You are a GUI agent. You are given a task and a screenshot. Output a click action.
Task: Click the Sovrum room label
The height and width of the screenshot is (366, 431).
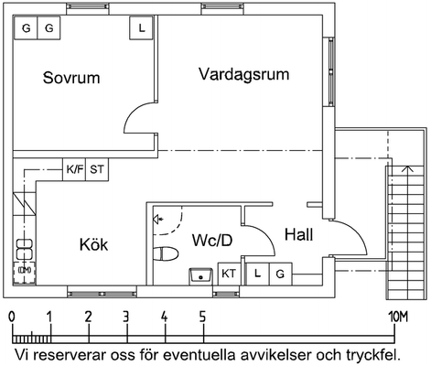(71, 78)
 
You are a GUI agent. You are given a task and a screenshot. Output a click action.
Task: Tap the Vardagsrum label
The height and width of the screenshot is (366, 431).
(244, 74)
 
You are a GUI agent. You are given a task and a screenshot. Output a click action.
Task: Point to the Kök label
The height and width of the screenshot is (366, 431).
(93, 244)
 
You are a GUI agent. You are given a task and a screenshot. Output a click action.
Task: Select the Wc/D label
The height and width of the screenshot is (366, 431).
(212, 240)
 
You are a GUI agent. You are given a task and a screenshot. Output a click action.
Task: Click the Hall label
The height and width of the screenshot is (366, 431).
(298, 234)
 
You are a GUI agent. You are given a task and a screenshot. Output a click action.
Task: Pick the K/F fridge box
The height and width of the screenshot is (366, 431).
(74, 169)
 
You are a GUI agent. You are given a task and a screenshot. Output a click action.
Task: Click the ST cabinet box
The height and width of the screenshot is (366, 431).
(97, 169)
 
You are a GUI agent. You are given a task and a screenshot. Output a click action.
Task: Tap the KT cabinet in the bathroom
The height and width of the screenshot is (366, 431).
(229, 274)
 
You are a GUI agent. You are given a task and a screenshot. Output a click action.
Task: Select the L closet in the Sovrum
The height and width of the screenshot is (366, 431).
(141, 27)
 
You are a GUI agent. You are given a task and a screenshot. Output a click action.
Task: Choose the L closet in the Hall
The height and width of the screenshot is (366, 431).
(257, 274)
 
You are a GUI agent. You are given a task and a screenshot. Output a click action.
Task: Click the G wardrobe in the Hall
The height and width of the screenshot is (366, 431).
(280, 274)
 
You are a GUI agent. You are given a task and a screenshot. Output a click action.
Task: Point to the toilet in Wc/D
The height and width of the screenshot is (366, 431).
(166, 254)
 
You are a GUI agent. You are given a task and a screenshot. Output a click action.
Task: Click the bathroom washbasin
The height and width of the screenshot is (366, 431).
(200, 276)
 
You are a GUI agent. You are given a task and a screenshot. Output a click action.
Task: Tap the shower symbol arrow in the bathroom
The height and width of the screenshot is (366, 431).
(158, 219)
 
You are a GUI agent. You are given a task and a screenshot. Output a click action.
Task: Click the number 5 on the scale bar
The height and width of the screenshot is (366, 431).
(202, 318)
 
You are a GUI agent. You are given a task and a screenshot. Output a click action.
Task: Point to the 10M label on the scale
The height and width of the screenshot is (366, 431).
(398, 318)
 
